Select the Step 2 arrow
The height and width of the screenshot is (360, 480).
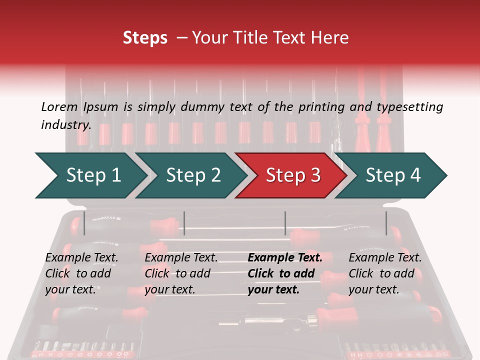[192, 175]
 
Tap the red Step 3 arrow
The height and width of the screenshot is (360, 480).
[292, 175]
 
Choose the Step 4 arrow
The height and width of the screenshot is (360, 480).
[392, 175]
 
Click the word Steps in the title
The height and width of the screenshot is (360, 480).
[145, 37]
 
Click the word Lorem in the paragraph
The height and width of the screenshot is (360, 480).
[59, 107]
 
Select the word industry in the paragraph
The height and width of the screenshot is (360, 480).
[65, 125]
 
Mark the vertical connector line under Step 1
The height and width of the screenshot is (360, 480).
[84, 223]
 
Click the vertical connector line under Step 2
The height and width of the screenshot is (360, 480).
[184, 223]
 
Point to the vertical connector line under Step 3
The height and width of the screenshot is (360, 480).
[285, 223]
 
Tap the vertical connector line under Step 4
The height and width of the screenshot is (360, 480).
[386, 223]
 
